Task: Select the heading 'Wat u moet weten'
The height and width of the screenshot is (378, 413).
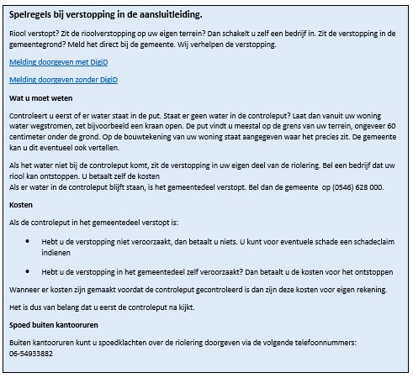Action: click(36, 97)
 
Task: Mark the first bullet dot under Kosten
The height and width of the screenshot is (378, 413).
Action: click(29, 240)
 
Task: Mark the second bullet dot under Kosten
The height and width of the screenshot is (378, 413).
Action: click(29, 272)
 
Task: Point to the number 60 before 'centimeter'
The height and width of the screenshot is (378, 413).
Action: click(377, 123)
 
